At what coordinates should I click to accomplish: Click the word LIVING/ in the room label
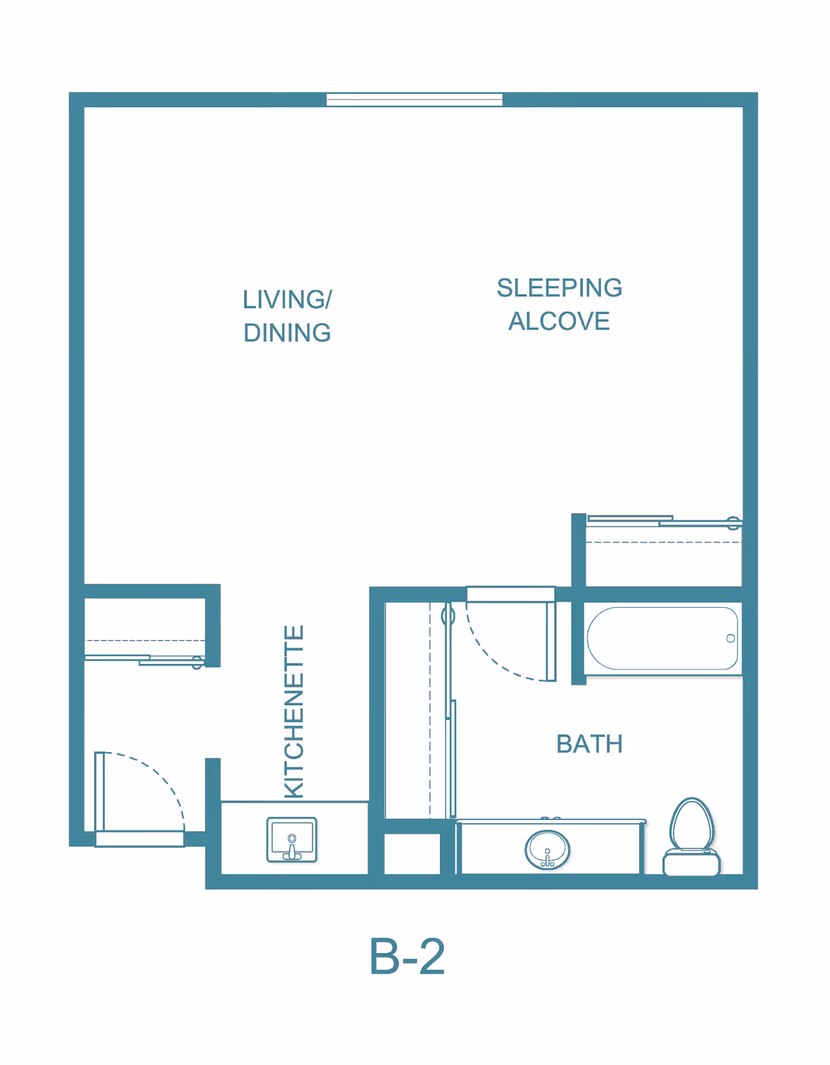(287, 299)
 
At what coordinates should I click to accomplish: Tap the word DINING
(287, 333)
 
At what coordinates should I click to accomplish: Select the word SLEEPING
(559, 288)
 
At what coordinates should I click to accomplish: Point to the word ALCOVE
(559, 321)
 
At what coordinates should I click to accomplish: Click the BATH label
(589, 744)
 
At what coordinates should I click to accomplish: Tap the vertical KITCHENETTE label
(295, 712)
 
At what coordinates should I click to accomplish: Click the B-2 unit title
(407, 956)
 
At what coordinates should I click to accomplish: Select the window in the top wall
(414, 100)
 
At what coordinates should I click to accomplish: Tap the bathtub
(663, 638)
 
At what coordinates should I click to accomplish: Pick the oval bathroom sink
(547, 849)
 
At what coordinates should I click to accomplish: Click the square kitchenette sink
(291, 839)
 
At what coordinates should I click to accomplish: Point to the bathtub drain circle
(730, 638)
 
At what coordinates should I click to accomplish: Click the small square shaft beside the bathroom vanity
(412, 854)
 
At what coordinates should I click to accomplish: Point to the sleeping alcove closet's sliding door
(665, 521)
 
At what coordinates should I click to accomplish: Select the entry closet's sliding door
(144, 660)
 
